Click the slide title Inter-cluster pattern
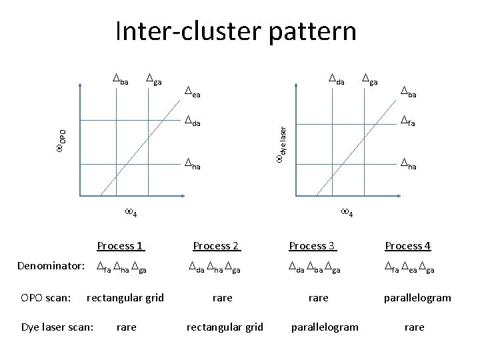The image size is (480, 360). pyautogui.click(x=235, y=31)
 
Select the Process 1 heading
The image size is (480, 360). pyautogui.click(x=121, y=245)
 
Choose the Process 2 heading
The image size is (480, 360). pyautogui.click(x=216, y=245)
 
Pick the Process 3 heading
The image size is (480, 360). pyautogui.click(x=313, y=245)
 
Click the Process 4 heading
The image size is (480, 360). pyautogui.click(x=407, y=245)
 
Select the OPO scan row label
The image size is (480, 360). pyautogui.click(x=46, y=297)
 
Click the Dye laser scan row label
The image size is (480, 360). pyautogui.click(x=57, y=327)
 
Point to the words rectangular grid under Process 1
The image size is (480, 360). pyautogui.click(x=125, y=297)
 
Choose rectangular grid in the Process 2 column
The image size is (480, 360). pyautogui.click(x=225, y=327)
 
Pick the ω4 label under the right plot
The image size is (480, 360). pyautogui.click(x=347, y=212)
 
